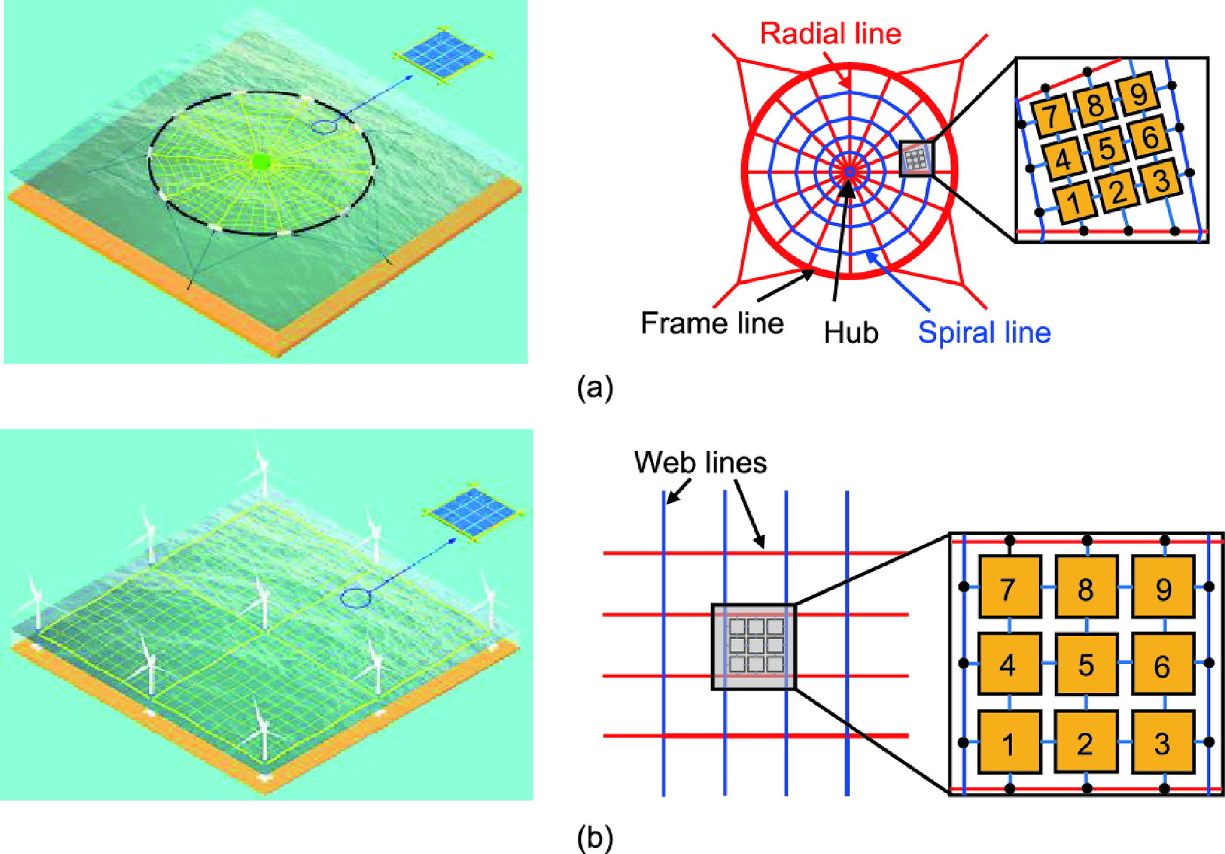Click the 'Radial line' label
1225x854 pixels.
click(830, 33)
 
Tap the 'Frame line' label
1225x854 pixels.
click(712, 323)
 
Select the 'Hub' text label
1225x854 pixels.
click(850, 333)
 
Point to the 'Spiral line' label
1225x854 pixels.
click(984, 333)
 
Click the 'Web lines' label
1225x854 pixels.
click(700, 462)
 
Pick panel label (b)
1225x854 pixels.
click(595, 838)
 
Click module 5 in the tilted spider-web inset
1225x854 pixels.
click(1107, 148)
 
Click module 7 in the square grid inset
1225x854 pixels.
click(1008, 587)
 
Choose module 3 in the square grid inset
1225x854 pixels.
click(1162, 742)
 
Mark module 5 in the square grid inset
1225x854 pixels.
click(1086, 665)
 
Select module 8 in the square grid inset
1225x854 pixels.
click(1086, 587)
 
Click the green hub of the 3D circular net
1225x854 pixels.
click(260, 162)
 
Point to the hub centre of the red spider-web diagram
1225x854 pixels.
click(849, 170)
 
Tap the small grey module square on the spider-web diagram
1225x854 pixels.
click(916, 158)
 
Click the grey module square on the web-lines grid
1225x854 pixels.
click(754, 646)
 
